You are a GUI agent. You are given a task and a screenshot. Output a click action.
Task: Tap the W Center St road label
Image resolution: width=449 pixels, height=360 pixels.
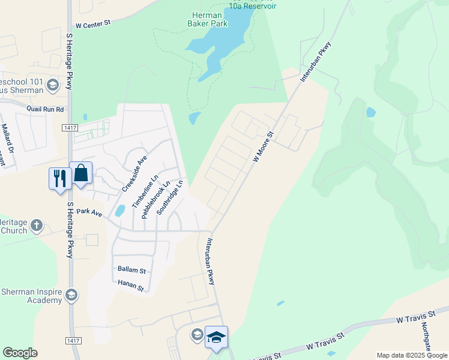(94, 25)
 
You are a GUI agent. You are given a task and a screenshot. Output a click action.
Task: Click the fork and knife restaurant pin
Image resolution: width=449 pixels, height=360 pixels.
(59, 178)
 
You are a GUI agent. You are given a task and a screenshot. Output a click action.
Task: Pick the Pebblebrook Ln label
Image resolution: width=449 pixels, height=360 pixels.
(156, 199)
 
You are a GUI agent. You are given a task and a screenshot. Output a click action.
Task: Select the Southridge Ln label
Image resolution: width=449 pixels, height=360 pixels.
(169, 199)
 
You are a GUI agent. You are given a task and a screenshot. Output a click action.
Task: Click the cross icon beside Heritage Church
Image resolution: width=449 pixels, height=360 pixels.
(37, 226)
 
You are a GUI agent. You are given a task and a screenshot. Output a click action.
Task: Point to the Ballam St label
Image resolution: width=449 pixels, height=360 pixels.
(132, 271)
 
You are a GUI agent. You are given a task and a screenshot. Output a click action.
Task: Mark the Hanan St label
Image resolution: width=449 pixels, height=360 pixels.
(131, 287)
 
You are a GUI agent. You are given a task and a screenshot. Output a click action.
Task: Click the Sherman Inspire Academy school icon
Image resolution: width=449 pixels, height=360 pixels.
(71, 295)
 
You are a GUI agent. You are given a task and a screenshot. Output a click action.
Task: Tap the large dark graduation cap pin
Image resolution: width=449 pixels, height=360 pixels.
(216, 336)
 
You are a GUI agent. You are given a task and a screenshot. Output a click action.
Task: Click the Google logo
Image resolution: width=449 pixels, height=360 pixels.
(20, 353)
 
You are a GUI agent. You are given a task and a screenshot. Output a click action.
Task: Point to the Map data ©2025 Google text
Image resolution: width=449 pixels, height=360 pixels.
(412, 355)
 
